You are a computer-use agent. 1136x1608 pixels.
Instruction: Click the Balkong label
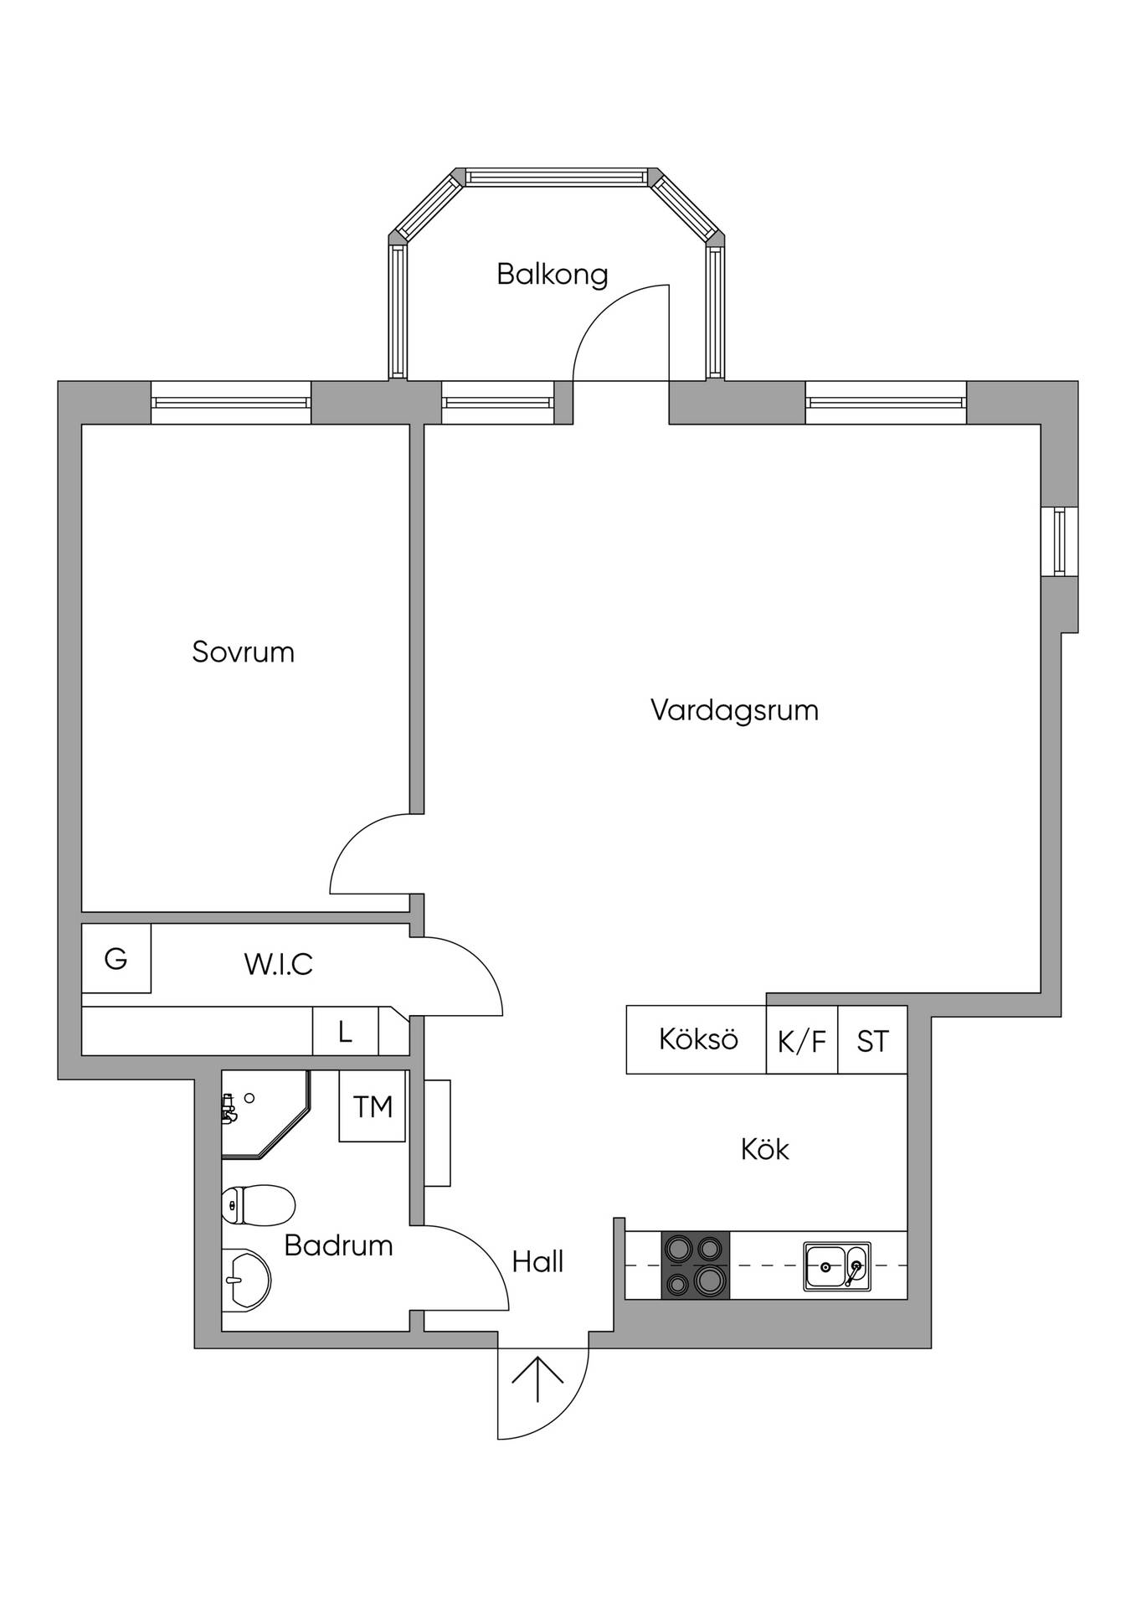(x=552, y=275)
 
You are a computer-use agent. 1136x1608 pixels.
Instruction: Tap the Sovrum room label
(x=243, y=652)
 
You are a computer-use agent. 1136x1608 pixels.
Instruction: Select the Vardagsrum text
(x=734, y=710)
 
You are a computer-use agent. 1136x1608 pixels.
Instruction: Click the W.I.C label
(x=279, y=964)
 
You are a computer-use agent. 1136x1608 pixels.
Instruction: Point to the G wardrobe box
(x=116, y=958)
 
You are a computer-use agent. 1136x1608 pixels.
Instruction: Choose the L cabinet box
(x=346, y=1031)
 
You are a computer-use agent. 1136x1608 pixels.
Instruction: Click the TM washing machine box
(x=373, y=1106)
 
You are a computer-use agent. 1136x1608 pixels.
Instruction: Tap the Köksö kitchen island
(x=697, y=1039)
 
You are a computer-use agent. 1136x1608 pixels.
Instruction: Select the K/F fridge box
(x=802, y=1039)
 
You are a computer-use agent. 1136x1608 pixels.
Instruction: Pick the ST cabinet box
(x=872, y=1039)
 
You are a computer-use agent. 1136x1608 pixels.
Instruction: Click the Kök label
(x=765, y=1149)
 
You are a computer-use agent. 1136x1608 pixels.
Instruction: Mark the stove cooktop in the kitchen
(x=695, y=1265)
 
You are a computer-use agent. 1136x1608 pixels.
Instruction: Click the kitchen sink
(x=837, y=1265)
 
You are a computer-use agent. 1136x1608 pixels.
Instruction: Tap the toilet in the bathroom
(x=259, y=1206)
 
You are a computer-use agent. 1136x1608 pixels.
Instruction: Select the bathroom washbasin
(x=246, y=1280)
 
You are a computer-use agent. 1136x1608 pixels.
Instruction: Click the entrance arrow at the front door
(x=537, y=1379)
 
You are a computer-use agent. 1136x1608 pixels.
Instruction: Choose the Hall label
(x=537, y=1261)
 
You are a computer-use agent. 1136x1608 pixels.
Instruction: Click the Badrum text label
(x=338, y=1245)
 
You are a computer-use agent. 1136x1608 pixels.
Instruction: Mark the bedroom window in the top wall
(x=231, y=402)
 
